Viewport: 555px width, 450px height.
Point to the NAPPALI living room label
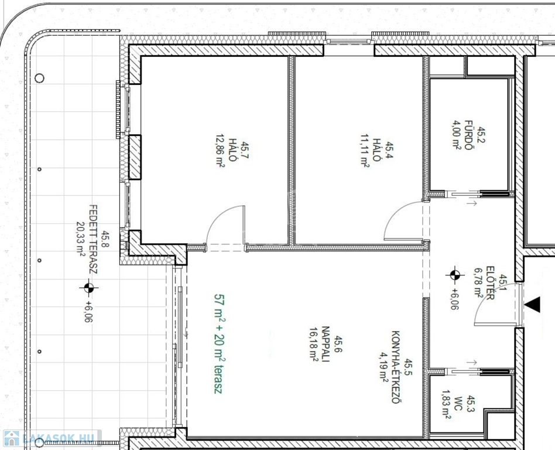pos(326,344)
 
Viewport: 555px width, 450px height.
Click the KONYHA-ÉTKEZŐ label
pos(396,367)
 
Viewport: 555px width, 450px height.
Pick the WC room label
pos(458,407)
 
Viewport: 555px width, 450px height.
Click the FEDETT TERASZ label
pos(92,239)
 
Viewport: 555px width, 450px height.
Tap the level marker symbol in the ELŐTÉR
pos(455,275)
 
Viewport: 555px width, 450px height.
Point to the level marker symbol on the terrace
pos(89,288)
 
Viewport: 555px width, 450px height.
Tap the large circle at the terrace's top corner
pos(39,78)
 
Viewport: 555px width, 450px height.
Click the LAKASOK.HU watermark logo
pos(50,438)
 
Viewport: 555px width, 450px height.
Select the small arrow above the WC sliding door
pos(472,363)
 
